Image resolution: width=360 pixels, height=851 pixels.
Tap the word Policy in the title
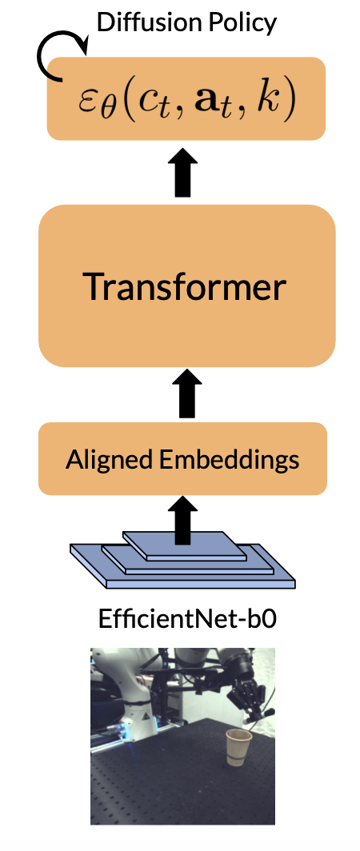pyautogui.click(x=241, y=21)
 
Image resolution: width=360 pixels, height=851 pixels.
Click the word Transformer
pyautogui.click(x=185, y=286)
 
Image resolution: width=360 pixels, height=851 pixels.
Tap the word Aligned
pyautogui.click(x=104, y=460)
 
